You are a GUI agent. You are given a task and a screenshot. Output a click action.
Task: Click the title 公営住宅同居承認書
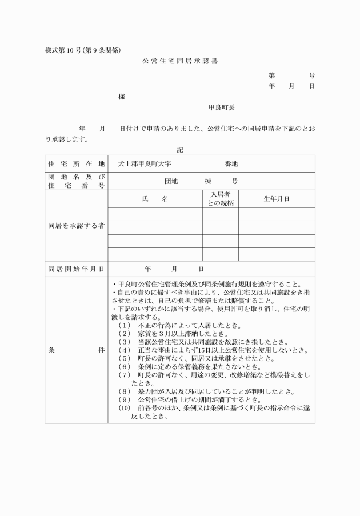pyautogui.click(x=180, y=60)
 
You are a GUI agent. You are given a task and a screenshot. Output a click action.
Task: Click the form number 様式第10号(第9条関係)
pyautogui.click(x=83, y=50)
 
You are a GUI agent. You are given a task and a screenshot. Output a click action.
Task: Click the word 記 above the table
pyautogui.click(x=180, y=150)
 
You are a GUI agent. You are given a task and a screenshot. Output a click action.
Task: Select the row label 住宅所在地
pyautogui.click(x=76, y=163)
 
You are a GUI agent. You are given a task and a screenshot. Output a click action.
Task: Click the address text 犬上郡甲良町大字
pyautogui.click(x=141, y=163)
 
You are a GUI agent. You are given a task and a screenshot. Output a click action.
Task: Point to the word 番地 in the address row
pyautogui.click(x=231, y=163)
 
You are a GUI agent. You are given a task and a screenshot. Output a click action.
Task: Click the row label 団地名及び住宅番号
pyautogui.click(x=76, y=181)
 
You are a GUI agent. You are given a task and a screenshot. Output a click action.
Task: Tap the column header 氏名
pyautogui.click(x=155, y=199)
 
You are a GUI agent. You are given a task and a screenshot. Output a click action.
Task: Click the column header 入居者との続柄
pyautogui.click(x=220, y=199)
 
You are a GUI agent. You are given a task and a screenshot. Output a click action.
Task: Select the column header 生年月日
pyautogui.click(x=276, y=199)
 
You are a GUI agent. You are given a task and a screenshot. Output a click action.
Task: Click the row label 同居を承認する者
pyautogui.click(x=76, y=226)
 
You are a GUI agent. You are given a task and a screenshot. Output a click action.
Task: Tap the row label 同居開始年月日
pyautogui.click(x=76, y=268)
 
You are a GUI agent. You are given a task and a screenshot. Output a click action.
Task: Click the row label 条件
pyautogui.click(x=76, y=349)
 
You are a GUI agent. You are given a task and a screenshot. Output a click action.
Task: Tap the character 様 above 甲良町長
pyautogui.click(x=122, y=97)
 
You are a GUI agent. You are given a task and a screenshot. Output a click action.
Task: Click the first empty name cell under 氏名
pyautogui.click(x=155, y=214)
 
